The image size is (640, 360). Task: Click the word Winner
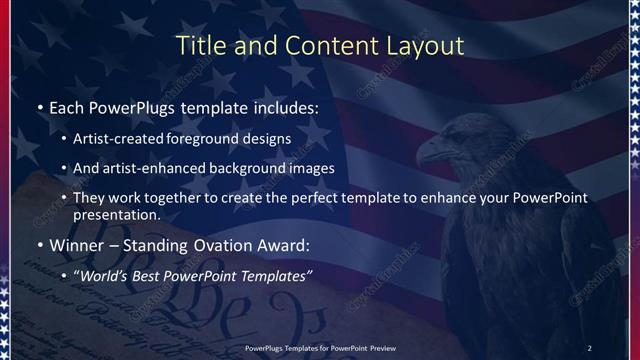[x=74, y=245]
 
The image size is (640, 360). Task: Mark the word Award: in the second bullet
[x=284, y=245]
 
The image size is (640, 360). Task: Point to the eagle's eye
[x=446, y=137]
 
